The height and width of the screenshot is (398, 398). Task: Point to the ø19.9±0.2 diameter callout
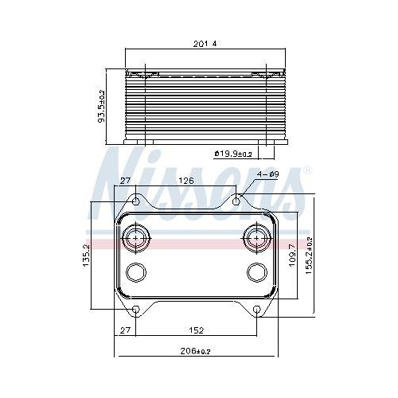click(232, 154)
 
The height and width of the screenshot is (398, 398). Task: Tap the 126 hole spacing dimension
click(186, 181)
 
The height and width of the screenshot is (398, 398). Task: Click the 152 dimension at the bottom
click(196, 330)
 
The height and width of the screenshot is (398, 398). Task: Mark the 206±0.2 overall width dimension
click(197, 350)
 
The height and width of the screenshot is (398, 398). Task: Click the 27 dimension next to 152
click(124, 330)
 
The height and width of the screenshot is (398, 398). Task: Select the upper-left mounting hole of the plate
click(135, 201)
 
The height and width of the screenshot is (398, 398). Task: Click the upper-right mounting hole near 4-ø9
click(236, 201)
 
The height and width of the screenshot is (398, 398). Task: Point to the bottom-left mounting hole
click(135, 309)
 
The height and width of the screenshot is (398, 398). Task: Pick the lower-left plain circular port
click(135, 272)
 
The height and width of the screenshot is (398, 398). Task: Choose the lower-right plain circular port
click(256, 272)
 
